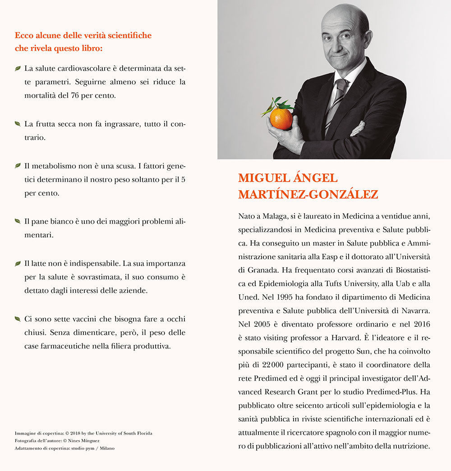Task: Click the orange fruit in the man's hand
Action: [x=281, y=119]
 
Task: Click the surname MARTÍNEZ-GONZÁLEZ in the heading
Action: [x=308, y=194]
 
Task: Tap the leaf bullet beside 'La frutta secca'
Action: [x=18, y=123]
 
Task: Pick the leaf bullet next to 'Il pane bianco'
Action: [x=18, y=221]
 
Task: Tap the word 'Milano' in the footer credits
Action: [x=106, y=448]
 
